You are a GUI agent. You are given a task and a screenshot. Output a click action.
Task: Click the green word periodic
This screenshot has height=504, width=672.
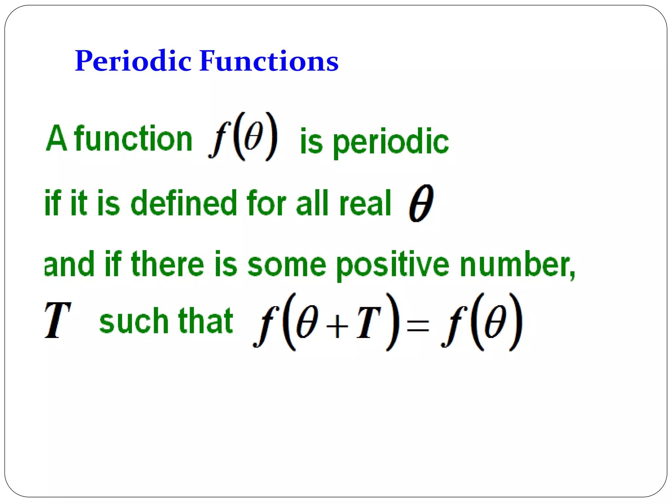tap(391, 142)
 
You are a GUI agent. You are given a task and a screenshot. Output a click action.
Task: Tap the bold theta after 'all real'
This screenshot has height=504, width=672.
tap(421, 203)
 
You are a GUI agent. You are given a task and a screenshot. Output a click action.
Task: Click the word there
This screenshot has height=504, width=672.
tap(168, 264)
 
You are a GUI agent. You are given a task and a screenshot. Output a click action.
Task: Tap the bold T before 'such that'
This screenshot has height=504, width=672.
tap(57, 320)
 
